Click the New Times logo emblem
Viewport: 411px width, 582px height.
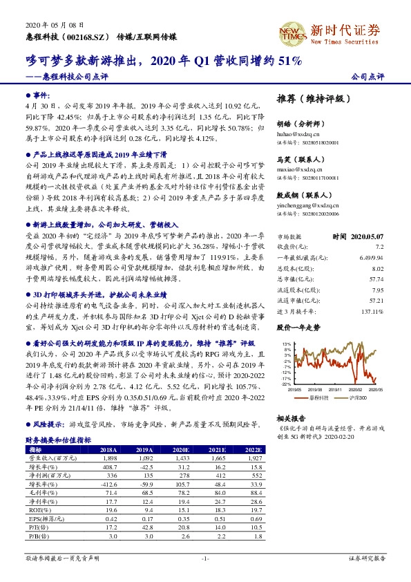(292, 32)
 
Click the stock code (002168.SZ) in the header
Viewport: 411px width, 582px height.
(87, 34)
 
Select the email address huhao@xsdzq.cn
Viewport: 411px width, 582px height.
(296, 133)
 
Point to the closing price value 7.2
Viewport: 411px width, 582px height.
(379, 246)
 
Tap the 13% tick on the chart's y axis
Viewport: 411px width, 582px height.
(287, 344)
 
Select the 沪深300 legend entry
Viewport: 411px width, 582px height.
(359, 397)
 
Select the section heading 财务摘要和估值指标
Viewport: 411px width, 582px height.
(57, 439)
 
